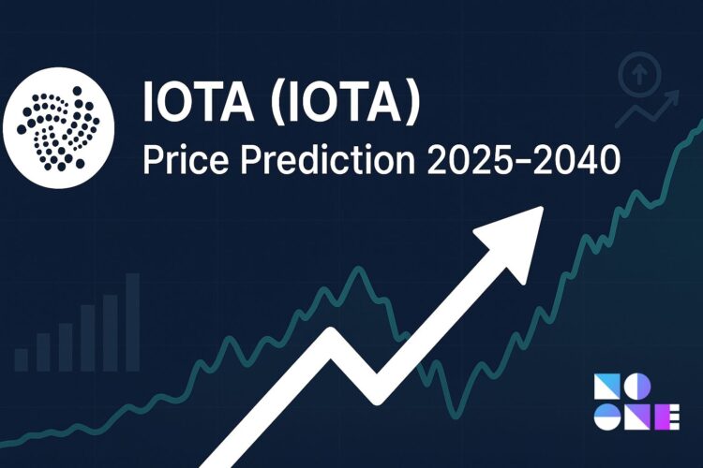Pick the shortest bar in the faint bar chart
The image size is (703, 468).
[x=21, y=358]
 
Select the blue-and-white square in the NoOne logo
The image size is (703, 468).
[x=606, y=385]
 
